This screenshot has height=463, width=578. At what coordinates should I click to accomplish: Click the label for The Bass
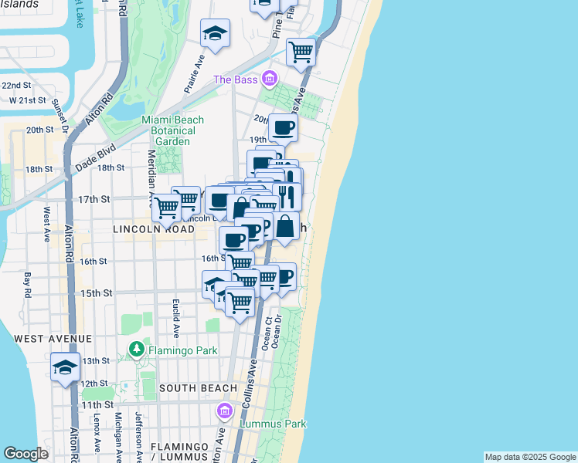coord(234,79)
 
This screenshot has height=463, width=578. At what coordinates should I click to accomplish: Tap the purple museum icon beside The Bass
coord(270,79)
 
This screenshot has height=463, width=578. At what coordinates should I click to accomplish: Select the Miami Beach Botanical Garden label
coord(173,130)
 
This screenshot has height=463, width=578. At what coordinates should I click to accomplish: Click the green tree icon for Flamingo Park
coord(137,350)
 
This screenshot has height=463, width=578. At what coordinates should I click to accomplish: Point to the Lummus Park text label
coord(273,424)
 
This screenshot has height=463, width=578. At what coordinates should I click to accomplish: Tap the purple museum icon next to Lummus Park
coord(226,410)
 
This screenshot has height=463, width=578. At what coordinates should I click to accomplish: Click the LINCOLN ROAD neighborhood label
coord(153,229)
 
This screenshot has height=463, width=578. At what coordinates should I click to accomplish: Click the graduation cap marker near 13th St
coord(66,367)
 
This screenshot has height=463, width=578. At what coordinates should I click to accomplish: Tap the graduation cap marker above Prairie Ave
coord(216,33)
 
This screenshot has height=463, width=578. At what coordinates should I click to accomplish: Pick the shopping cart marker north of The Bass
coord(301,52)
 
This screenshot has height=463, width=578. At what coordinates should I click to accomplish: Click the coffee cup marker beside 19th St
coord(283,127)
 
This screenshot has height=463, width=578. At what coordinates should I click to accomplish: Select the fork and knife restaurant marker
coord(287,196)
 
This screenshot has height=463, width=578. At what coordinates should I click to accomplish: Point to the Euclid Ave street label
coord(176,318)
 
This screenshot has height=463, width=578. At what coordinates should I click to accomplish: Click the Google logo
coord(26,454)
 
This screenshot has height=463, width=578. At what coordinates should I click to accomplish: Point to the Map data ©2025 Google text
coord(529,457)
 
